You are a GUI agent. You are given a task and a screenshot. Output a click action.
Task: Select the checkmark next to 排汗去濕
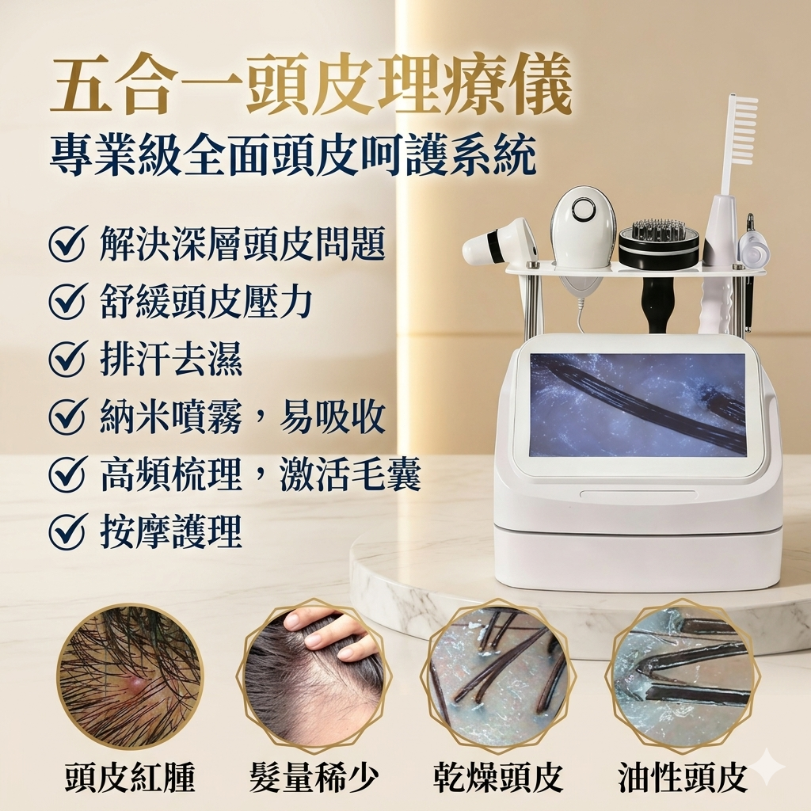(67, 359)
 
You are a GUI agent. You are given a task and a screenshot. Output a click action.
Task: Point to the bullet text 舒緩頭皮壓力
(206, 302)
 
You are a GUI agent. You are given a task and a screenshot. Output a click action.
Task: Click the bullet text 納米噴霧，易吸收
(242, 416)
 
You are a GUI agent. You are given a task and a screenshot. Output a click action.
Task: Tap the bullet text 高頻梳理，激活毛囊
(260, 474)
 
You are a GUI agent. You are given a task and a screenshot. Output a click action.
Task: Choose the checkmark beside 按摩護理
(67, 531)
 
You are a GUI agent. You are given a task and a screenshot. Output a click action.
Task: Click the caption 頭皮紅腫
(129, 776)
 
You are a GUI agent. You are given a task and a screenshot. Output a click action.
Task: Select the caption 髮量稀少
(314, 776)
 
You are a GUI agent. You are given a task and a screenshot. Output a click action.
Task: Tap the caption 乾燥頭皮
(497, 776)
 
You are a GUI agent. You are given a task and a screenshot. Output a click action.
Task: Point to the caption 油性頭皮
(683, 776)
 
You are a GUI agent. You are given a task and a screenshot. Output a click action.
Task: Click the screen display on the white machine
(638, 405)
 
